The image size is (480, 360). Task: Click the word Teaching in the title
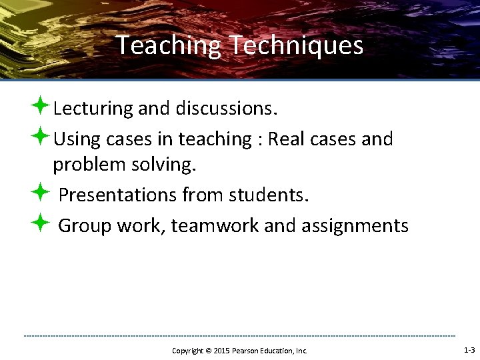(x=169, y=46)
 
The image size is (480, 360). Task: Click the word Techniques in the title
(x=296, y=46)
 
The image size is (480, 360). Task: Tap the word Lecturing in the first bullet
(x=93, y=107)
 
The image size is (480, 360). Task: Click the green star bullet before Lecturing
(x=39, y=105)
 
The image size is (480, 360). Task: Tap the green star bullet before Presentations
(x=39, y=193)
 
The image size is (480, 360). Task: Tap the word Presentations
(x=117, y=195)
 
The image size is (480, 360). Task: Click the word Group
(x=85, y=226)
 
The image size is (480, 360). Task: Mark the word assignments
(x=355, y=226)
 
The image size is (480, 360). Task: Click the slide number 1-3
(x=469, y=350)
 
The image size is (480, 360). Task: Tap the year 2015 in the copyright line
(x=222, y=351)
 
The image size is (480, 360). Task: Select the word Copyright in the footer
(x=187, y=351)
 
